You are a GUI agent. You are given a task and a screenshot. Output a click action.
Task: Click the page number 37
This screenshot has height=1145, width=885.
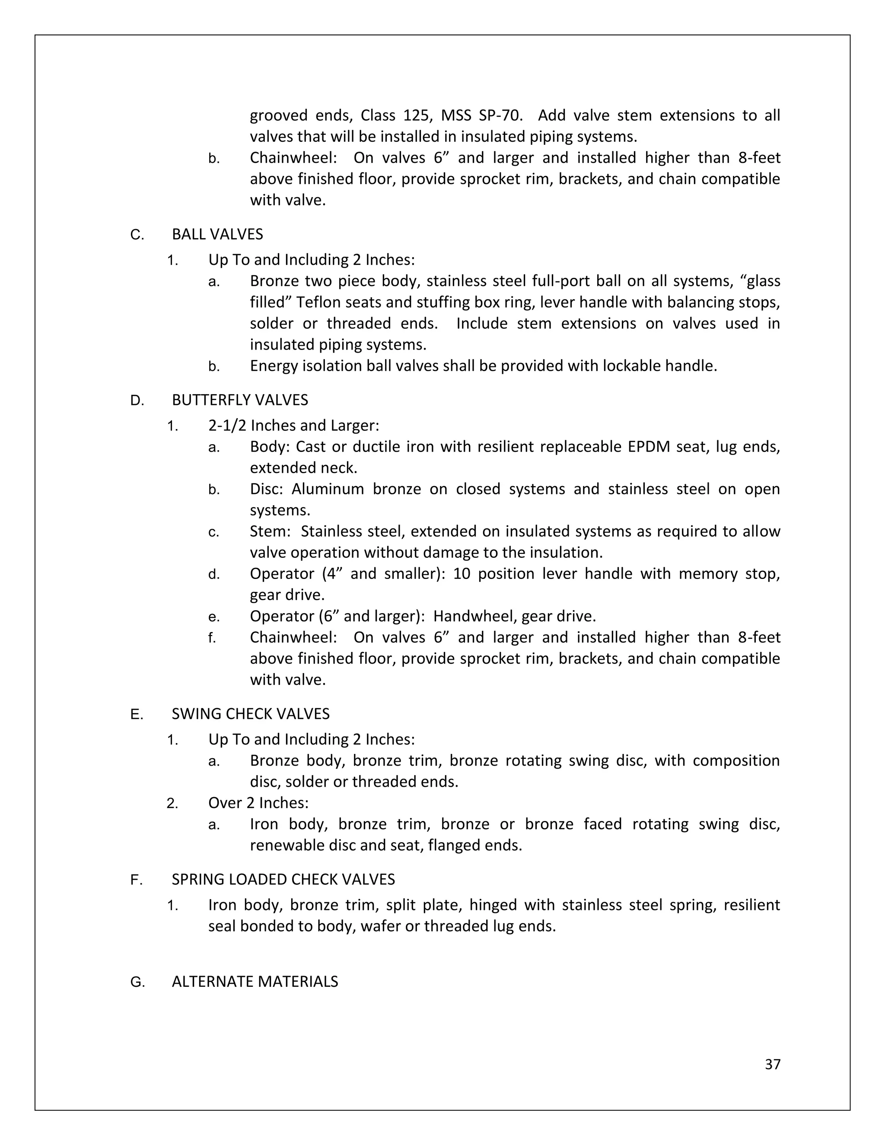click(772, 1064)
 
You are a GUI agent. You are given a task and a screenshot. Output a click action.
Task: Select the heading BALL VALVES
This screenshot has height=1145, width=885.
click(217, 234)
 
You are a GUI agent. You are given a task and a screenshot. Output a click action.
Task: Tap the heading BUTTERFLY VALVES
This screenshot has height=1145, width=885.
click(239, 400)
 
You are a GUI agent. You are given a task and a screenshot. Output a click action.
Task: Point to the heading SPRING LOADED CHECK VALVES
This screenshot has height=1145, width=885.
click(283, 879)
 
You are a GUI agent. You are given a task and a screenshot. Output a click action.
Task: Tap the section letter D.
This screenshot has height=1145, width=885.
click(136, 401)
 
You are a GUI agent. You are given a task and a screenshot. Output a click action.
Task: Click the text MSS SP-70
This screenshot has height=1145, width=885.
click(481, 115)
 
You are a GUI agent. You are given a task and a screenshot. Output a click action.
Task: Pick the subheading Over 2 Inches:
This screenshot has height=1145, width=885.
click(258, 803)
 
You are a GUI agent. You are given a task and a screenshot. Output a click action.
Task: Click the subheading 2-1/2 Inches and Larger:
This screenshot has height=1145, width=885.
click(293, 425)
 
